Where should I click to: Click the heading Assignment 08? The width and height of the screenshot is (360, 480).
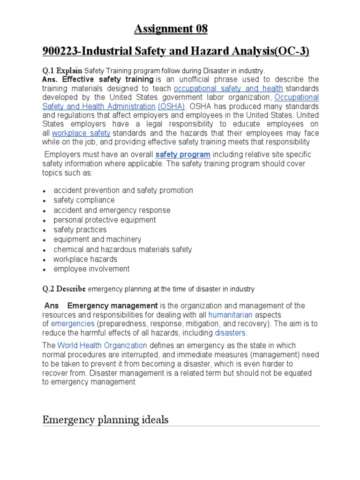pyautogui.click(x=171, y=29)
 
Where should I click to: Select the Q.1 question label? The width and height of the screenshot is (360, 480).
pyautogui.click(x=49, y=71)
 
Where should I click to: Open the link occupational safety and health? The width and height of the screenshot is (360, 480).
pyautogui.click(x=228, y=89)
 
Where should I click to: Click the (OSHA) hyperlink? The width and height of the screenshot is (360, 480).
pyautogui.click(x=172, y=106)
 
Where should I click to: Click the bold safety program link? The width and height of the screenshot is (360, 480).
pyautogui.click(x=183, y=154)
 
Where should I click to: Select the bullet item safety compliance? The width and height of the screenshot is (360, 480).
pyautogui.click(x=84, y=200)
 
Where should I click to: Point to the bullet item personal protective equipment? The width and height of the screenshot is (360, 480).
pyautogui.click(x=105, y=220)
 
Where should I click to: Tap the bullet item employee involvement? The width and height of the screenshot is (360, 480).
pyautogui.click(x=91, y=269)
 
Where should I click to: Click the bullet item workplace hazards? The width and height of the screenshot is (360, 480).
pyautogui.click(x=85, y=259)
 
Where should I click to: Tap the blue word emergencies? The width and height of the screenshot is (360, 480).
pyautogui.click(x=73, y=324)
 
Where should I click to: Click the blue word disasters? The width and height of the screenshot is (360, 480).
pyautogui.click(x=230, y=333)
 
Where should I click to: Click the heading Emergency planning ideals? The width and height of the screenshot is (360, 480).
pyautogui.click(x=105, y=420)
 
